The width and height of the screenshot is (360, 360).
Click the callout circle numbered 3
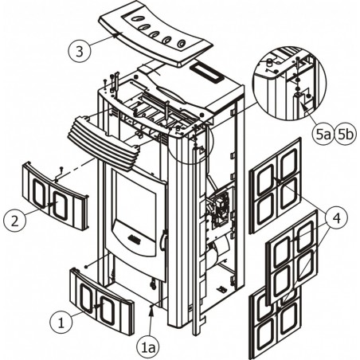tap(80, 52)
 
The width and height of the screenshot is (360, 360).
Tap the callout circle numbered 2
tap(15, 221)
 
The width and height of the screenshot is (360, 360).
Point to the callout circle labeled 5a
tap(322, 135)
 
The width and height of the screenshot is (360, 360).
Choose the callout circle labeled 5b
tap(344, 135)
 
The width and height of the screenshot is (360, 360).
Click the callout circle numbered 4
tap(336, 218)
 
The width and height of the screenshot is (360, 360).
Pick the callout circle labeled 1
tap(61, 323)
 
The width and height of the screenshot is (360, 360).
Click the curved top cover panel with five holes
tap(155, 38)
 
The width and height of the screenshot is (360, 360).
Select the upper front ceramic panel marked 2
tap(55, 196)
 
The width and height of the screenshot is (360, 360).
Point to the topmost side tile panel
tap(276, 186)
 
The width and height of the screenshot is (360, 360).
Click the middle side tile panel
tap(292, 257)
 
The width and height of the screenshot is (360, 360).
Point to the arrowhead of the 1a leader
tap(151, 311)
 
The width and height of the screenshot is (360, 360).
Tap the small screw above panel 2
tap(61, 168)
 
